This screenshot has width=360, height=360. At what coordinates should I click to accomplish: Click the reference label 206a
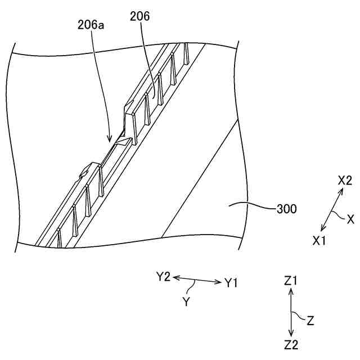tap(90, 25)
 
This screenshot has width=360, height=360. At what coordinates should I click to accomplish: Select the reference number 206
tap(140, 17)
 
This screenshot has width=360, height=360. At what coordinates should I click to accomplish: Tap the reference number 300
tap(287, 210)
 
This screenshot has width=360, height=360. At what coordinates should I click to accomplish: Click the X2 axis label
tap(345, 181)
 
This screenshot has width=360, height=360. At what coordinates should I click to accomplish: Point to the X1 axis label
tap(319, 240)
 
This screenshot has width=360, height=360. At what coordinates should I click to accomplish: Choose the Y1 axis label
tap(232, 283)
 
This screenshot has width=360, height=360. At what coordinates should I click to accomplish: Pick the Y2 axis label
tap(163, 276)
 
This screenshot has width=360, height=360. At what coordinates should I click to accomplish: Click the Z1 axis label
tap(291, 281)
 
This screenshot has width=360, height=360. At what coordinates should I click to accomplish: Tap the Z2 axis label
tap(291, 344)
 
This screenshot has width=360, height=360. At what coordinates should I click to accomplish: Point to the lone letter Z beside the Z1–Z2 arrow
tap(310, 321)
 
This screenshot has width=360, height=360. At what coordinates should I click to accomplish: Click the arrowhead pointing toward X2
tap(341, 191)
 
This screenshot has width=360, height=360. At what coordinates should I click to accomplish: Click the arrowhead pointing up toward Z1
tap(291, 291)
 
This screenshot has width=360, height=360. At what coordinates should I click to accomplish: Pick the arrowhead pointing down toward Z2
tap(291, 334)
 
